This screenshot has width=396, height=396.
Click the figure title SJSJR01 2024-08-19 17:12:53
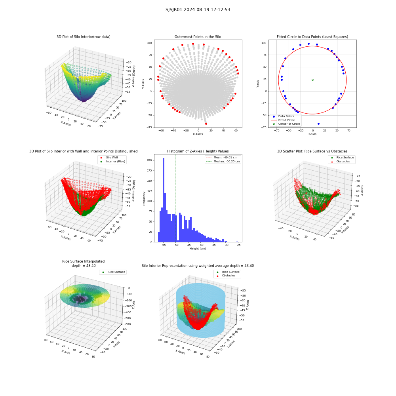point(198,10)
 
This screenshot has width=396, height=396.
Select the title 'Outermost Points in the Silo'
point(198,36)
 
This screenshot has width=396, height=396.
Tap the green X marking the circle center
point(312,80)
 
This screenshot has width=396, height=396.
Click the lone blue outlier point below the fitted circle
point(318,124)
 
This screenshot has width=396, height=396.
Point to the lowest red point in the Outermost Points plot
point(206,124)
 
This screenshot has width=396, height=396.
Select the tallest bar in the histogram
point(164,200)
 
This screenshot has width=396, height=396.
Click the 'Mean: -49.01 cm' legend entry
point(222,157)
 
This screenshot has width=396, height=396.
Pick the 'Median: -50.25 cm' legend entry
point(223,162)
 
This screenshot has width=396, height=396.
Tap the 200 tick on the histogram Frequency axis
point(149,160)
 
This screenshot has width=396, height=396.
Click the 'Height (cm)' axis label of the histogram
point(198,249)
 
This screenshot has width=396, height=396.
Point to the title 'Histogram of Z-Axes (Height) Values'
point(198,151)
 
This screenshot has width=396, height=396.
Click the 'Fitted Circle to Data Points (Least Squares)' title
point(312,36)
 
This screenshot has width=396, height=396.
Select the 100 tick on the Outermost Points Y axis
point(150,43)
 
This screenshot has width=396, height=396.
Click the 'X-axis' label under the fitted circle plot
point(312,134)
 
